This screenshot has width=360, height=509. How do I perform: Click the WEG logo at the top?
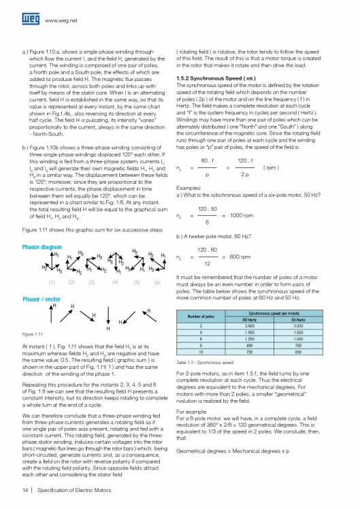31,12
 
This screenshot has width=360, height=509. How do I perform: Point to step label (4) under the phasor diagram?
116,282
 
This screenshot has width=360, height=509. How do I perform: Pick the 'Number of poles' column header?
207,315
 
